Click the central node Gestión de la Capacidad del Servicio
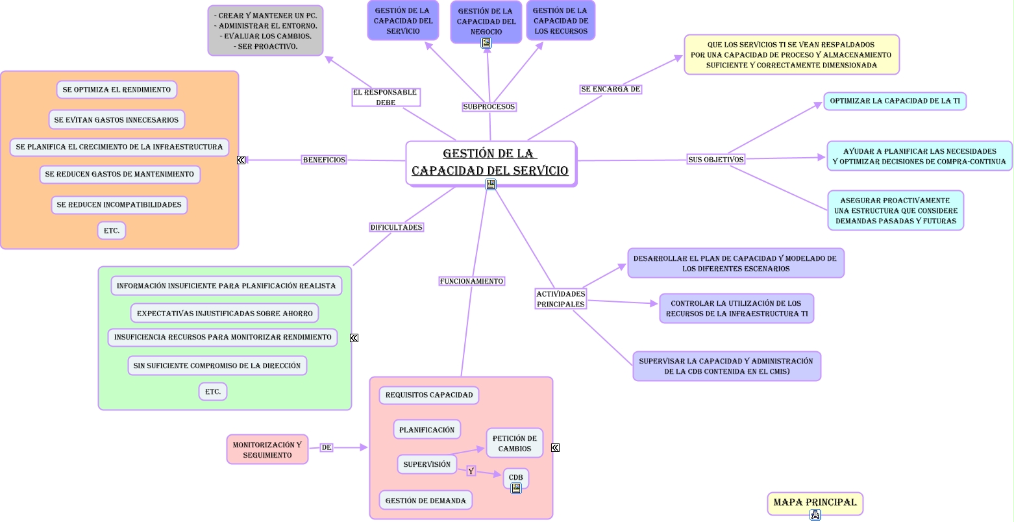(490, 162)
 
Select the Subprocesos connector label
(489, 106)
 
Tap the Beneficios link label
(324, 160)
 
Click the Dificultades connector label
(396, 227)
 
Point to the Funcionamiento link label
(471, 281)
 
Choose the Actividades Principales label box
(560, 299)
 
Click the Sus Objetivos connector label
(715, 159)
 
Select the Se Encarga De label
(610, 89)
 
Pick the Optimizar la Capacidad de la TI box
(895, 101)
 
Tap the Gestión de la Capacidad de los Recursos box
(560, 21)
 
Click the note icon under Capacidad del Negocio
(486, 43)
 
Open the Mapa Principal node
(815, 503)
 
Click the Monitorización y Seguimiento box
(267, 449)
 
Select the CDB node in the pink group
(515, 477)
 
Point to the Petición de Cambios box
(514, 443)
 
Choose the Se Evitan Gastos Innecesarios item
(116, 119)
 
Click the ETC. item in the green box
(213, 391)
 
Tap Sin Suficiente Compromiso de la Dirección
(217, 366)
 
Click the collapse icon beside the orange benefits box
(241, 160)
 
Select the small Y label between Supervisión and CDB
(471, 471)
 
